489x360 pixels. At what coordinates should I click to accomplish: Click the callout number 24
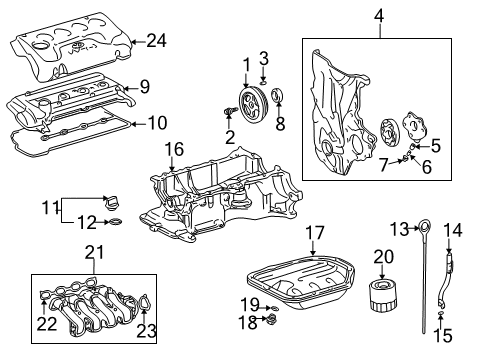tap(155, 41)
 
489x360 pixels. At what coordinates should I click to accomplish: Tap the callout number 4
tap(380, 15)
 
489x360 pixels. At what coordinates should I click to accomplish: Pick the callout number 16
tap(174, 150)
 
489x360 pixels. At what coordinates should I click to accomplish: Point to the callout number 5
tap(435, 146)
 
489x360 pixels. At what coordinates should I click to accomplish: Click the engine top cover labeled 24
tap(70, 40)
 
